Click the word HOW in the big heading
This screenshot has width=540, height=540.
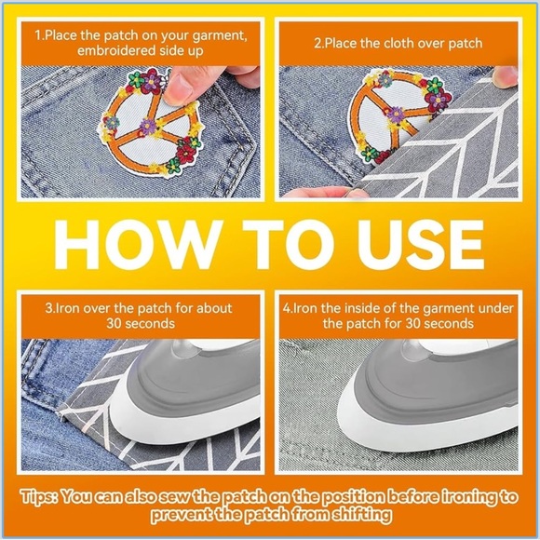[x=136, y=244]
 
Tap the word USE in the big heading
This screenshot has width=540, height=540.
[x=420, y=244]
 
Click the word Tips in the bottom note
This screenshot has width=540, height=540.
[x=39, y=496]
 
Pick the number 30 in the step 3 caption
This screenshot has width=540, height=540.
[x=114, y=324]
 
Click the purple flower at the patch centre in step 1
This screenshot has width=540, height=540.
[x=148, y=127]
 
